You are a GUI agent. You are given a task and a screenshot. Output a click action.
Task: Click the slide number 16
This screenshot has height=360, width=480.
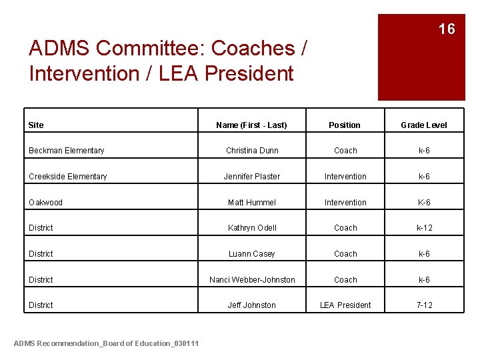coord(446,29)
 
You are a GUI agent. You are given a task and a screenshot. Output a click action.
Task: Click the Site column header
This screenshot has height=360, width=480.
coord(36,125)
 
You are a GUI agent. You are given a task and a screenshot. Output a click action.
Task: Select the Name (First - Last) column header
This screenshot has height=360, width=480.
coord(251,125)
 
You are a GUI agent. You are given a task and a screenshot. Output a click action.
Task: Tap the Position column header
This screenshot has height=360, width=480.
coord(345,125)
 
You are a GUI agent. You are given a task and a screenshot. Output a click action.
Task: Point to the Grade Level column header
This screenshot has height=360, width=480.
coord(423,125)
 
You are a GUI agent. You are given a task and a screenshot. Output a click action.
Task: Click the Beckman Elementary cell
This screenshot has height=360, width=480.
coord(66,151)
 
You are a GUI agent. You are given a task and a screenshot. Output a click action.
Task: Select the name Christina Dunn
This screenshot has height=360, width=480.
coord(252,151)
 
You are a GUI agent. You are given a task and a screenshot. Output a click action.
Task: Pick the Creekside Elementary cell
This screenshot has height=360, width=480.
coord(67,177)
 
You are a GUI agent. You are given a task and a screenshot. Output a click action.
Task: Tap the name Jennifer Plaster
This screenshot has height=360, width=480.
coord(252,177)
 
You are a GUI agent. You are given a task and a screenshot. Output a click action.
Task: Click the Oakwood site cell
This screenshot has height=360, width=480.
coord(45,202)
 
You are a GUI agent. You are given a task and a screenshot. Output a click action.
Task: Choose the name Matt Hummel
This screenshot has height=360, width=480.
coord(252,202)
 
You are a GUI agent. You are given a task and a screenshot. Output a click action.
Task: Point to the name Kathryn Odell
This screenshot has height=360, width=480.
coord(252,228)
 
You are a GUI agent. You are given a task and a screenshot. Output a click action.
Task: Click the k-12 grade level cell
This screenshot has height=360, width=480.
coord(424,228)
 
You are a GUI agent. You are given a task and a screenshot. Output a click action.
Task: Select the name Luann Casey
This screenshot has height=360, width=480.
coord(252,254)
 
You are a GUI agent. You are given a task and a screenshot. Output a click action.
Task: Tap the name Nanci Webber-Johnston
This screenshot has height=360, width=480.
coord(252,280)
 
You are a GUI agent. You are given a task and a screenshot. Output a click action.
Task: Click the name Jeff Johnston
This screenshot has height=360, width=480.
coord(252,305)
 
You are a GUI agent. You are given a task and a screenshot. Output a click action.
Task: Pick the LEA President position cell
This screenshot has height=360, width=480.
coord(345,305)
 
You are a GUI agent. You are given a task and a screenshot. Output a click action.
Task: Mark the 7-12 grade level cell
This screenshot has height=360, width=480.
coord(424,305)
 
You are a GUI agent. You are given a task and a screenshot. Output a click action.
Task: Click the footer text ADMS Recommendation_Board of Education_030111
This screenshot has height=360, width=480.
coord(106,343)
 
